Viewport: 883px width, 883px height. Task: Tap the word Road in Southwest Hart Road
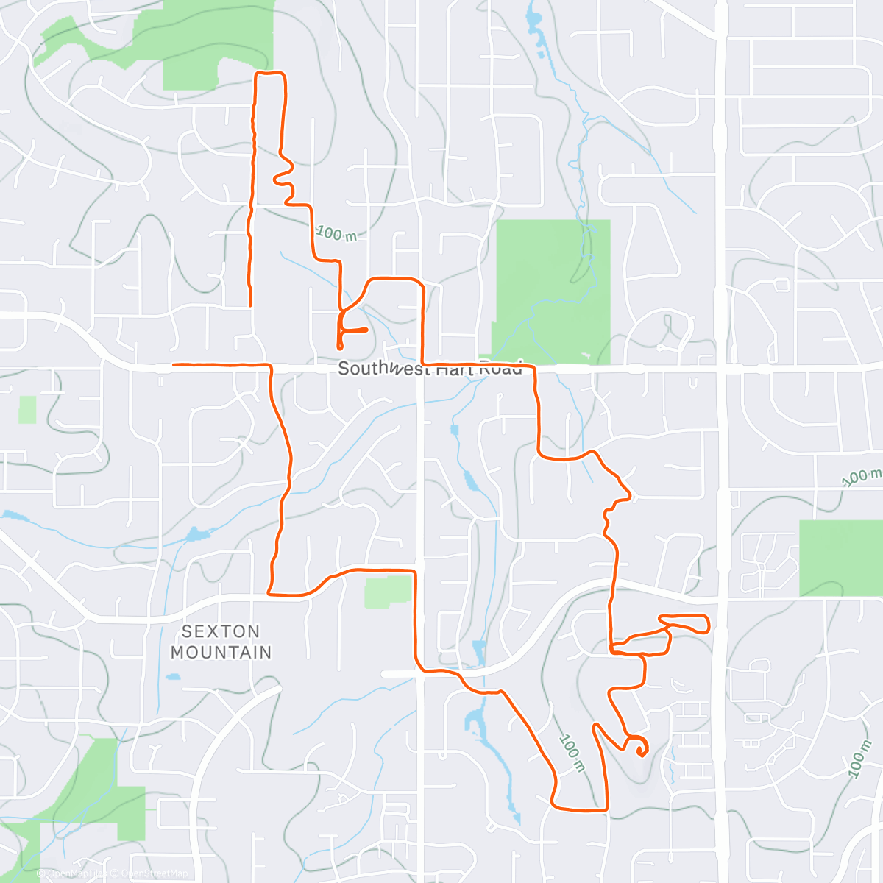[x=501, y=369]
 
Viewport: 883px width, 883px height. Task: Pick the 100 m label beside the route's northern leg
[x=336, y=234]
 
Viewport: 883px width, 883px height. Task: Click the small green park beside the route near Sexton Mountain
[x=388, y=591]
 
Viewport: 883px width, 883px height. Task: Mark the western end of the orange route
[x=174, y=364]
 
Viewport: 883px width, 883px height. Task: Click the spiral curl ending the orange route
[x=640, y=748]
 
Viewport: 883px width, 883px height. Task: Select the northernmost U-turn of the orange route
[x=269, y=74]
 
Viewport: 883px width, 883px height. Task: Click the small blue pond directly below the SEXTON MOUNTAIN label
[x=173, y=676]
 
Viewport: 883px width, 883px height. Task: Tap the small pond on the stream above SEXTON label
[x=194, y=533]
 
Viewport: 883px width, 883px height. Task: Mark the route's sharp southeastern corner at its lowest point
[x=606, y=809]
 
